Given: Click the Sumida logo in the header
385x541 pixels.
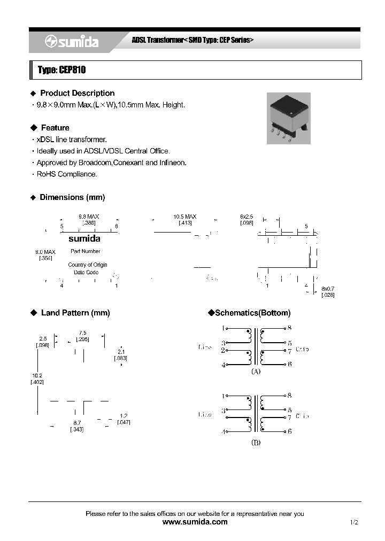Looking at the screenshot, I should [71, 42].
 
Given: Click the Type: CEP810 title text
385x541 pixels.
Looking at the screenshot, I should [62, 70].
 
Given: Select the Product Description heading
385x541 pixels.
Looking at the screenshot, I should [77, 93].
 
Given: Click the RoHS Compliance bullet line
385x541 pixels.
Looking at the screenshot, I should [66, 174].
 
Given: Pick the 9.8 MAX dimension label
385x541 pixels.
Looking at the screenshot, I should [89, 217].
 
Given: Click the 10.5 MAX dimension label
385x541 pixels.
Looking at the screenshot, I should [184, 217].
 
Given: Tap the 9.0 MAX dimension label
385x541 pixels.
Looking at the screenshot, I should [45, 252].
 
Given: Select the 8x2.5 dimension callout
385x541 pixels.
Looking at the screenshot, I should [247, 217].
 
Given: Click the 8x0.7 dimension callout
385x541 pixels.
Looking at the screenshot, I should [328, 289].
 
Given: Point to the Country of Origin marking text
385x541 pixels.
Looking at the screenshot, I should [88, 265].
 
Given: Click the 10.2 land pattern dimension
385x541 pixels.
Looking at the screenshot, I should [37, 376].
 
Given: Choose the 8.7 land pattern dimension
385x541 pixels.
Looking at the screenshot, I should [77, 422].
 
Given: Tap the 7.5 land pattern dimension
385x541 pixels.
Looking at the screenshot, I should [82, 333].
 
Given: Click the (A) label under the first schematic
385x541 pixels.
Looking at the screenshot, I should [256, 371].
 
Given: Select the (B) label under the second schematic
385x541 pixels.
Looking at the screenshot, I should [256, 442].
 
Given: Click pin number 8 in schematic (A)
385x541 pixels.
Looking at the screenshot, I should [289, 327].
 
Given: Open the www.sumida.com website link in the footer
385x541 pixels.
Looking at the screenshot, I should [194, 522].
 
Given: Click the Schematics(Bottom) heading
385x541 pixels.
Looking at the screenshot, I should [249, 313].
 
